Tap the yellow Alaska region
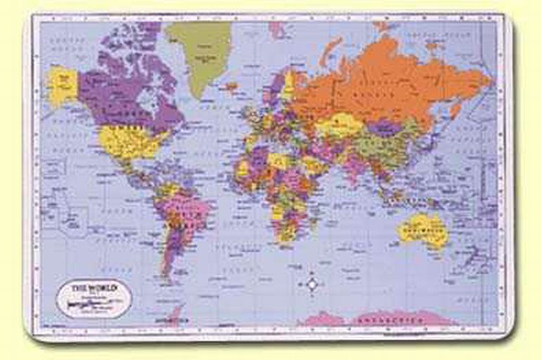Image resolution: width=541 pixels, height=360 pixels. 62,84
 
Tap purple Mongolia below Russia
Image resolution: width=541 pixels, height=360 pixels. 384,129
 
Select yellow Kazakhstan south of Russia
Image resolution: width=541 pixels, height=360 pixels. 337,127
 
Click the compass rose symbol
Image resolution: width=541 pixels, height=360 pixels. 313,284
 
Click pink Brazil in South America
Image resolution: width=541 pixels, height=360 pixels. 186,211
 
